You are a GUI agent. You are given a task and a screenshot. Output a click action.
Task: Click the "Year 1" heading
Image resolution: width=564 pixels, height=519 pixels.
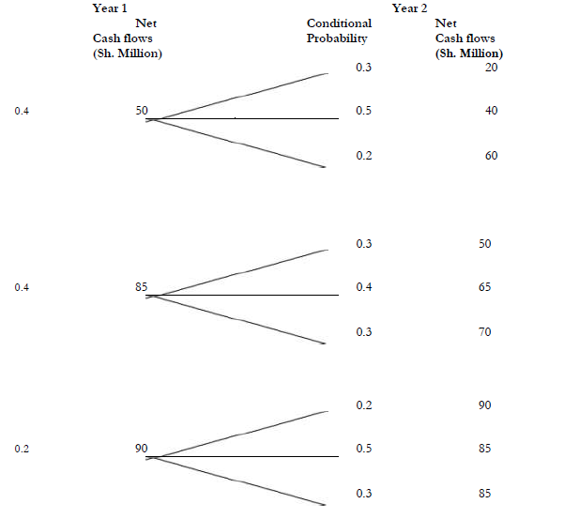point(110,8)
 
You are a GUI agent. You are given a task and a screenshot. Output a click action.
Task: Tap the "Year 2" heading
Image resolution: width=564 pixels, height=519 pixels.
point(409,8)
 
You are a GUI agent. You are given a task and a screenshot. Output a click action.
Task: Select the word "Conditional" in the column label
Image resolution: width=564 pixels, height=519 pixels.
point(339,23)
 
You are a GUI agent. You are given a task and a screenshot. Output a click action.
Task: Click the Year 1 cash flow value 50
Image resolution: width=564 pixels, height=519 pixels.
point(142,111)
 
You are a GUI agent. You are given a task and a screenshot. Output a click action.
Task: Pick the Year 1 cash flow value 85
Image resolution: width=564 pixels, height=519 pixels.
point(142,287)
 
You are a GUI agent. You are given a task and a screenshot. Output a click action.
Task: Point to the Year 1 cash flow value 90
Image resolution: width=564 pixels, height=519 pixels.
point(142,449)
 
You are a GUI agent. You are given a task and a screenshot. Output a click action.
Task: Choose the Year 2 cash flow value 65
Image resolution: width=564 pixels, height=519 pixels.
point(484,287)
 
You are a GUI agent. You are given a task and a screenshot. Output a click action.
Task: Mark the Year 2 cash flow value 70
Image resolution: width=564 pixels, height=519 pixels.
point(484,332)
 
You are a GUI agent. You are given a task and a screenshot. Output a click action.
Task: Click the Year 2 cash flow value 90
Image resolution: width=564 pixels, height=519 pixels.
point(484,405)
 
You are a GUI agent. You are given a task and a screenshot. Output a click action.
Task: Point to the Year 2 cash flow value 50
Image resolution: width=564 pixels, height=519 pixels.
point(484,244)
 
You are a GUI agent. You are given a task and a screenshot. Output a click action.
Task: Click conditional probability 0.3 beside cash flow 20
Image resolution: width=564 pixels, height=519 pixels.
point(364,68)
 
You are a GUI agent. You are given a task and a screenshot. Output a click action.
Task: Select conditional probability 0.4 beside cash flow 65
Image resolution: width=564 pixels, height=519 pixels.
point(364,287)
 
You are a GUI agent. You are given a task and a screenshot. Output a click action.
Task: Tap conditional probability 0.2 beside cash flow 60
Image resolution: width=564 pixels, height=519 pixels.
point(364,156)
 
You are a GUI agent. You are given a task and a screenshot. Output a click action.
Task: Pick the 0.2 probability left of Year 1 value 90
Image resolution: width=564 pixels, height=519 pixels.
point(23,449)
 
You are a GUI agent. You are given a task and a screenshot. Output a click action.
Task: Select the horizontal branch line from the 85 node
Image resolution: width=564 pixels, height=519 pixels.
point(244,296)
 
